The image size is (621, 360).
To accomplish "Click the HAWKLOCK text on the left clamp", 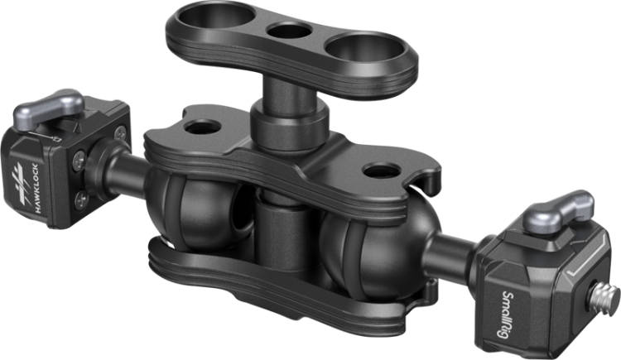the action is click(41, 188).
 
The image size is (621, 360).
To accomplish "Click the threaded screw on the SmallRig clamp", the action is click(604, 295).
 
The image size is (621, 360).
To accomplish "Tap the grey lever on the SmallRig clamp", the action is click(558, 210).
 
